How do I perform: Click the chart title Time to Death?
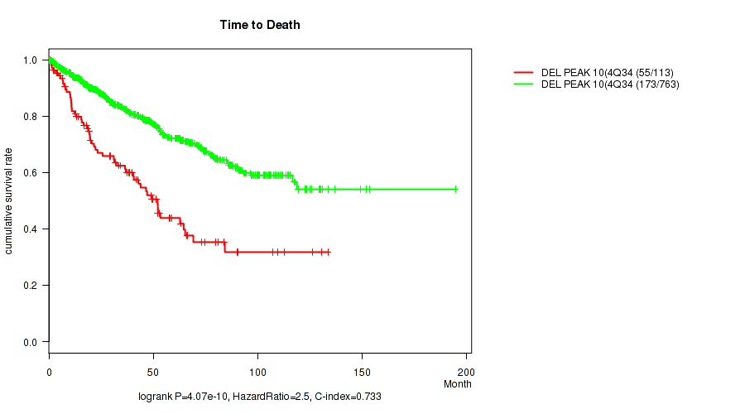tap(260, 25)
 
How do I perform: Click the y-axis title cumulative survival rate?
tap(9, 201)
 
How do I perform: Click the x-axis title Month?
tap(457, 384)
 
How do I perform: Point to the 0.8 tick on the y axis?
tap(30, 116)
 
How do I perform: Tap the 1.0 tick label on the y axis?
tap(30, 60)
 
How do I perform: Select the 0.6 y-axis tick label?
tap(30, 172)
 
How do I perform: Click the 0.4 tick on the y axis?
tap(30, 229)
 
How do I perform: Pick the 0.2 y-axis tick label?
tap(30, 285)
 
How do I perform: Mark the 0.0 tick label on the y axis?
tap(30, 341)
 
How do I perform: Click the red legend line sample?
tap(524, 73)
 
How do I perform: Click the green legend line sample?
tap(524, 84)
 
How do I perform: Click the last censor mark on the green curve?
tap(455, 189)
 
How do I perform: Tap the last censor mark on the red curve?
tap(329, 252)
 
